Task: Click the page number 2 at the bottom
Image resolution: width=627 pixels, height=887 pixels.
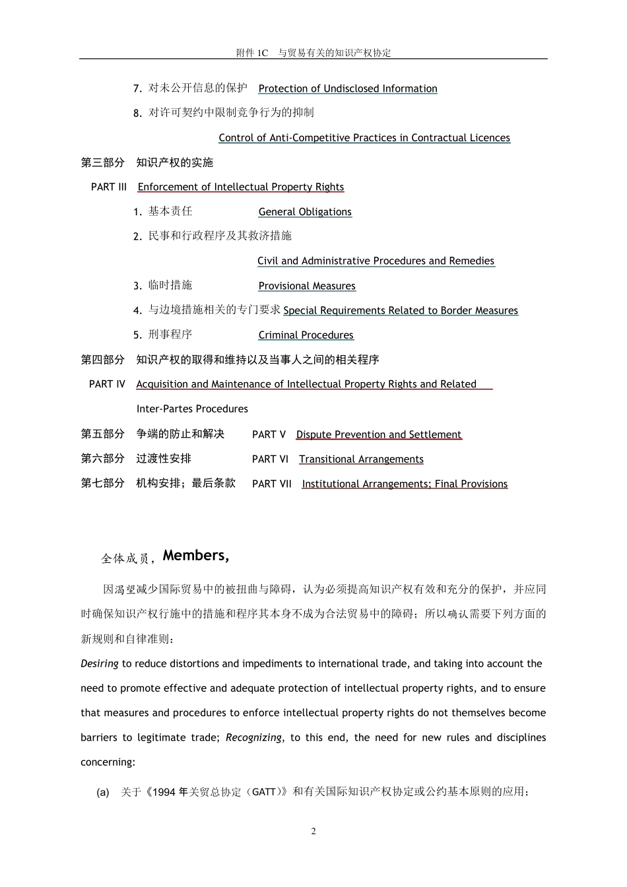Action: pos(313,831)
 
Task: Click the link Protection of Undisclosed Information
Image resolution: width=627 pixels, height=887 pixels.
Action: pos(348,88)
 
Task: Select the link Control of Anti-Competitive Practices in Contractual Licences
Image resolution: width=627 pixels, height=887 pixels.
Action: pos(364,138)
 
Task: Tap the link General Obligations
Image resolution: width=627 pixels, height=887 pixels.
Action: pos(305,212)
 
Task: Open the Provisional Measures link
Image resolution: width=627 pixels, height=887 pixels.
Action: pos(307,286)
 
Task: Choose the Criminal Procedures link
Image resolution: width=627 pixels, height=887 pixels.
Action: pos(306,335)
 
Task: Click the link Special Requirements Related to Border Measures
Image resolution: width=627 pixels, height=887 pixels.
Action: pos(401,311)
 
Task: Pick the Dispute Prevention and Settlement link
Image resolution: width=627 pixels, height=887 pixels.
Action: pos(379,434)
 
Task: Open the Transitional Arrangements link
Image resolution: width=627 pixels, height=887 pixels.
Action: pos(361,459)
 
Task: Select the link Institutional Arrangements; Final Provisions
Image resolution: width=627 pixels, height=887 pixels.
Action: pos(405,484)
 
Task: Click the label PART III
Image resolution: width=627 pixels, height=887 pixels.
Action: pos(109,187)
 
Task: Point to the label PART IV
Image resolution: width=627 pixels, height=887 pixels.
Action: pos(107,384)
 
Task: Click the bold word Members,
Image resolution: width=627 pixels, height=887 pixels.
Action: pos(196,556)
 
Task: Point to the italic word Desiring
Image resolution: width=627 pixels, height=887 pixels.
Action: pos(100,664)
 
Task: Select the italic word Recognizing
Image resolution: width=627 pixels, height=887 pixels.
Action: pos(253,738)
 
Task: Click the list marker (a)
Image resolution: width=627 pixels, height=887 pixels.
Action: pos(103,792)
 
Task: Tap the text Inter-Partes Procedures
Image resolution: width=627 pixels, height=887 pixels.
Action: pos(192,409)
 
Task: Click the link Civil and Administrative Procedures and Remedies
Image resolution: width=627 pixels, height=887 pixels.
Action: pos(376,261)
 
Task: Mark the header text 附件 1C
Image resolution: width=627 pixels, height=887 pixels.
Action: pos(252,53)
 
